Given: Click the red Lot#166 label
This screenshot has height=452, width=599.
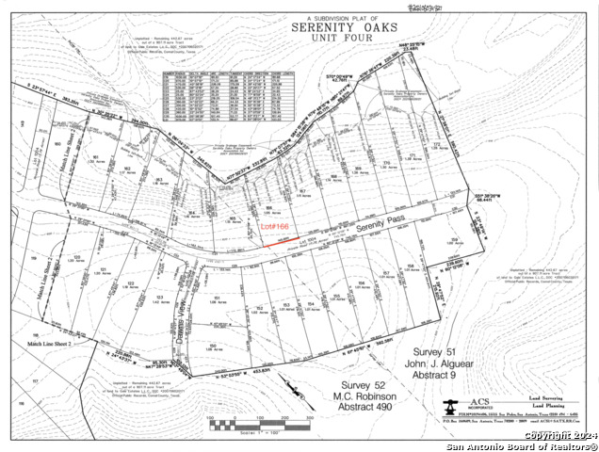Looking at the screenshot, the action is pyautogui.click(x=274, y=228).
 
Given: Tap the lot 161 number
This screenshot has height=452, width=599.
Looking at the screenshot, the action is pyautogui.click(x=94, y=156).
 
